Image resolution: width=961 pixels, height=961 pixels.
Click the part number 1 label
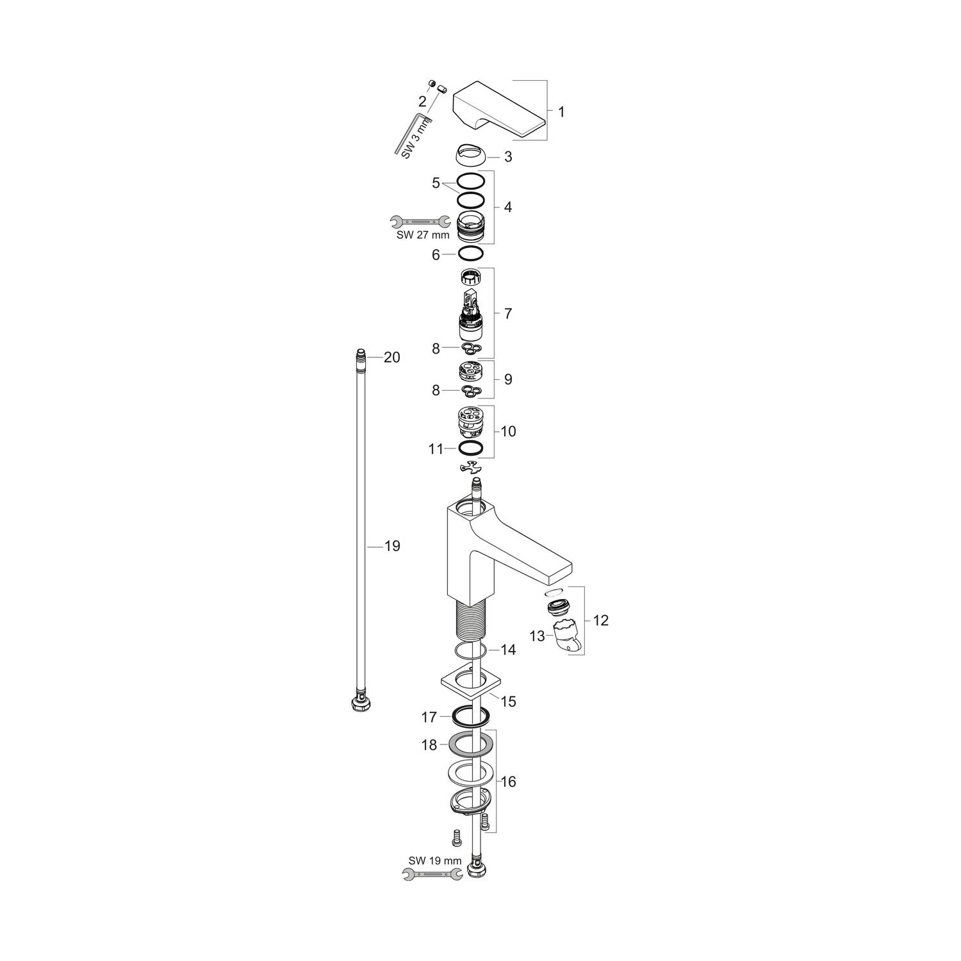(x=561, y=111)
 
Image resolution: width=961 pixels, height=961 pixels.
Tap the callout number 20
(x=391, y=357)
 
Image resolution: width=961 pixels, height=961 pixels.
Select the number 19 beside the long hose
(x=391, y=546)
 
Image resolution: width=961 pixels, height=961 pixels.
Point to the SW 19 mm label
(x=435, y=860)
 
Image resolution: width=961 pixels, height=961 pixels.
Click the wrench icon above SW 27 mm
(x=420, y=222)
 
